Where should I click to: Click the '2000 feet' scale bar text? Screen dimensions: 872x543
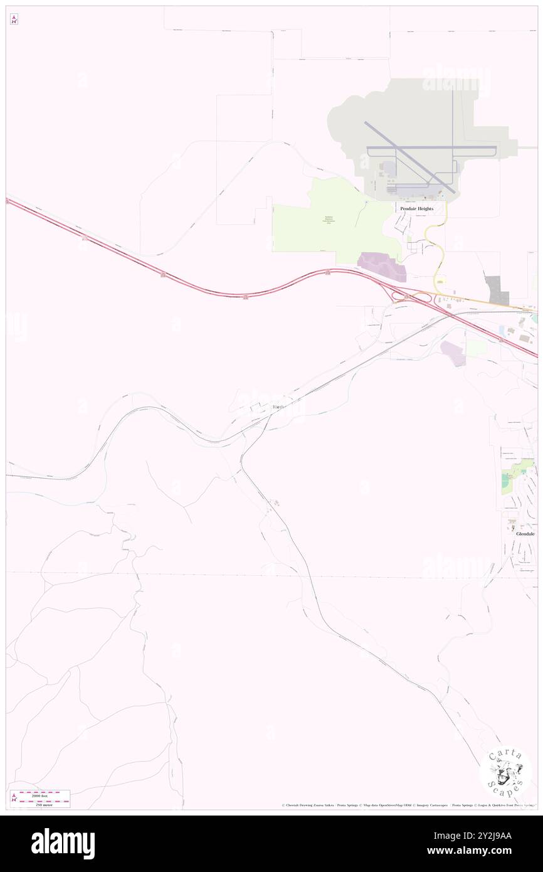click(x=43, y=794)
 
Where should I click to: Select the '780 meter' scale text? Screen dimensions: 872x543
click(x=43, y=804)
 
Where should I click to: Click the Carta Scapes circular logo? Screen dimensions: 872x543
click(x=505, y=772)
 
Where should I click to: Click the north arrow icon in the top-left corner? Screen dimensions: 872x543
click(x=14, y=20)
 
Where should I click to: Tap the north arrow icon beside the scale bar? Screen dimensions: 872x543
click(x=14, y=799)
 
